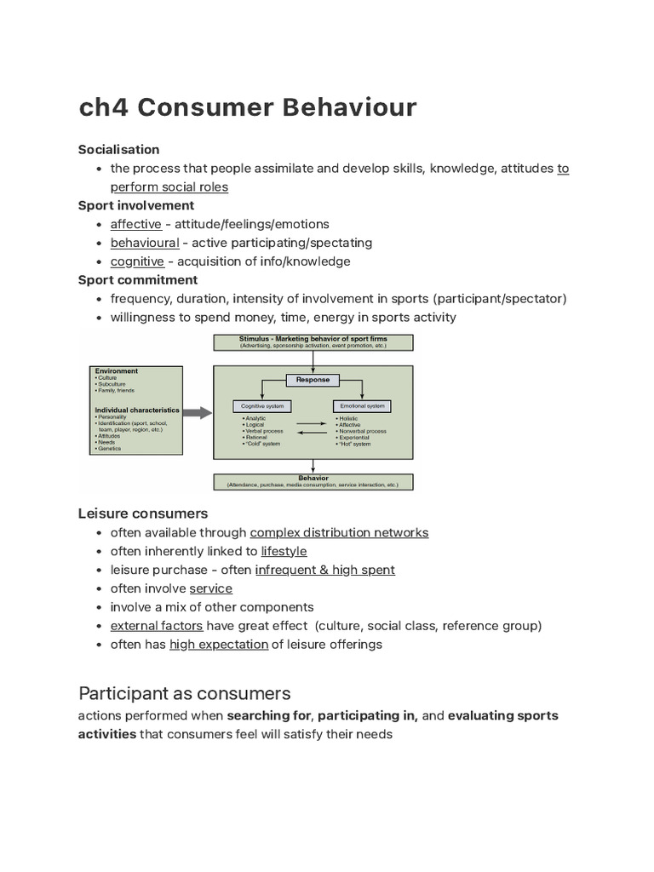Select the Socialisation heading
[118, 150]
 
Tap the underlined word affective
[135, 224]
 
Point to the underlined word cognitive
[137, 261]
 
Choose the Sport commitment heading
[137, 280]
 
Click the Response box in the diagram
[313, 380]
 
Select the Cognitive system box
[262, 405]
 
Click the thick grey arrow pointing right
[197, 413]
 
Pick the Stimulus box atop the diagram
[313, 342]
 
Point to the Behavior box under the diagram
[313, 481]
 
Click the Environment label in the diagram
[117, 371]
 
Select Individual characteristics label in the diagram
[137, 410]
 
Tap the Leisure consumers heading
[143, 513]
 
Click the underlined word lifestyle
[284, 551]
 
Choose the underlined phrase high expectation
[219, 645]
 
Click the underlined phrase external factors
[157, 626]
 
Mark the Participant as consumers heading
[184, 693]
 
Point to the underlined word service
[210, 588]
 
